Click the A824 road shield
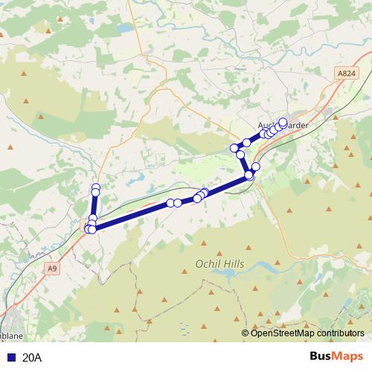click(345, 74)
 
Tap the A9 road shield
click(51, 268)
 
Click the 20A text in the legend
click(32, 358)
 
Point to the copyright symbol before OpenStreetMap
click(246, 333)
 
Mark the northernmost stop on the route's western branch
click(95, 187)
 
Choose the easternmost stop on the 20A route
click(283, 122)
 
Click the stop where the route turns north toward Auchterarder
click(248, 176)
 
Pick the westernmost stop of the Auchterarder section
click(234, 149)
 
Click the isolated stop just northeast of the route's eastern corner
click(256, 167)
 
